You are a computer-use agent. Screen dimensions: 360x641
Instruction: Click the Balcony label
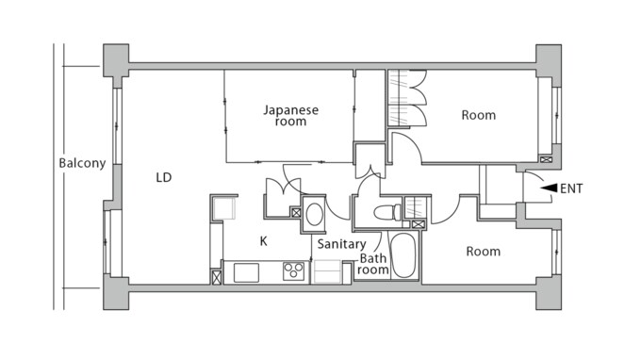82,163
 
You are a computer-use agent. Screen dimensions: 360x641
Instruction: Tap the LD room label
163,176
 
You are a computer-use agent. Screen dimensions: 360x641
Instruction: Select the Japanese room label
290,116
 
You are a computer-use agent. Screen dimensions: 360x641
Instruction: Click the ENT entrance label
571,188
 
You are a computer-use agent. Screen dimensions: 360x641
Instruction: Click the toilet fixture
386,212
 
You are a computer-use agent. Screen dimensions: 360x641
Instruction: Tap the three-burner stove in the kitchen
294,272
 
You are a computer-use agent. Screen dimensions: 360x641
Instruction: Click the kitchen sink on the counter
247,273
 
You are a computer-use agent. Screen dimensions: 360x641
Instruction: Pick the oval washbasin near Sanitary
315,213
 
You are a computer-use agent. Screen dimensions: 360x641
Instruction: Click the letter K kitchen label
264,241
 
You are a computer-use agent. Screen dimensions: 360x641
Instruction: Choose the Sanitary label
340,244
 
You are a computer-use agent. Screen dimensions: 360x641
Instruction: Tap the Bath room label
373,264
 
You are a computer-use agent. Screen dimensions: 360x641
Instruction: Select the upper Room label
478,116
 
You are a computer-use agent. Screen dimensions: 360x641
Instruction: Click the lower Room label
482,252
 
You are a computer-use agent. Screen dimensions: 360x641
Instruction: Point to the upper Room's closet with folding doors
407,99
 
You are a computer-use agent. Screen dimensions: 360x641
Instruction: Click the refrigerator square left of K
224,207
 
